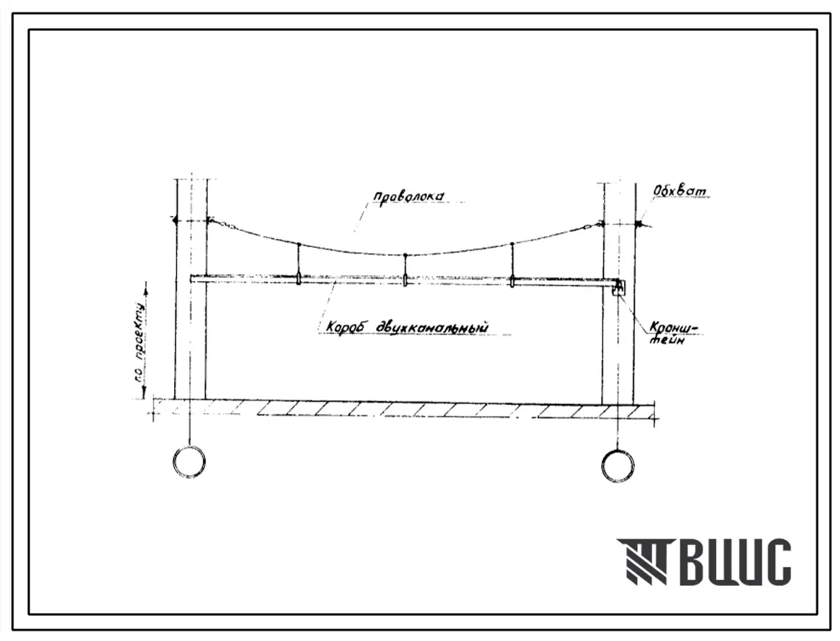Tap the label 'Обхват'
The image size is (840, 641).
680,190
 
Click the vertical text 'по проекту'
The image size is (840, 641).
140,342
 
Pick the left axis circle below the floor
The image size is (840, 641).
189,461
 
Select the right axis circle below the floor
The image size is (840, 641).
618,465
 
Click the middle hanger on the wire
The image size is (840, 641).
405,269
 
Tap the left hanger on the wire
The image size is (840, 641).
299,263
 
